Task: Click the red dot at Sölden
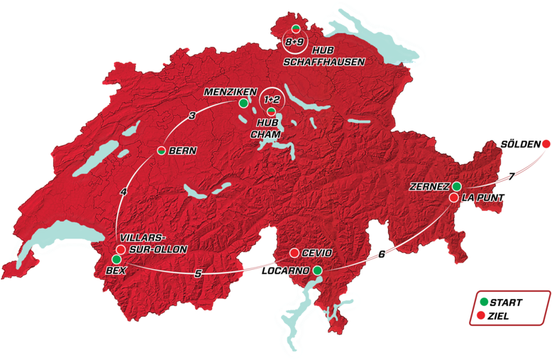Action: [x=546, y=144]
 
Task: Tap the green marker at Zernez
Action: [x=457, y=187]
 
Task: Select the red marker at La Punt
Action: [x=453, y=197]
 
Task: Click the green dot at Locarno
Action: [x=317, y=271]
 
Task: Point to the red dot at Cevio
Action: [x=294, y=253]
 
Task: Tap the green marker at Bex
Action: [x=116, y=260]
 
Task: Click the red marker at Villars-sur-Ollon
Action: [x=121, y=250]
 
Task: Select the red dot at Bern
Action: [x=161, y=151]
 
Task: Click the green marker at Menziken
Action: [x=243, y=103]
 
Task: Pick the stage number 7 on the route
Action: [x=510, y=177]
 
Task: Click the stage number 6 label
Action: [x=382, y=254]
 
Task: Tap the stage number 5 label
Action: [x=198, y=274]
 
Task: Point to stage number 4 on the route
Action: [x=123, y=192]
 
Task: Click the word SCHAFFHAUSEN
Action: [x=324, y=62]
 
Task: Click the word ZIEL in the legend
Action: [x=500, y=316]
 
